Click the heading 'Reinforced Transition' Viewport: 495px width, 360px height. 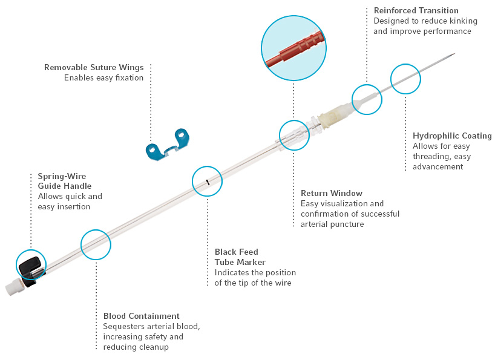(416, 10)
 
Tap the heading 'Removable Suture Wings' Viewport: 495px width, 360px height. (94, 67)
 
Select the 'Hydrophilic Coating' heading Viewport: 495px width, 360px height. (452, 136)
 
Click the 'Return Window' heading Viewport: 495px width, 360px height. (332, 193)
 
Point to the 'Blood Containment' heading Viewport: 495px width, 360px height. (142, 316)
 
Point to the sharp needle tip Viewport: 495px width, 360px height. (453, 55)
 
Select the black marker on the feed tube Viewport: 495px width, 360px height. (207, 181)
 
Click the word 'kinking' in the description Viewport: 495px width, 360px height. (461, 21)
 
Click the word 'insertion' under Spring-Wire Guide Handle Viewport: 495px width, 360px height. (77, 206)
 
